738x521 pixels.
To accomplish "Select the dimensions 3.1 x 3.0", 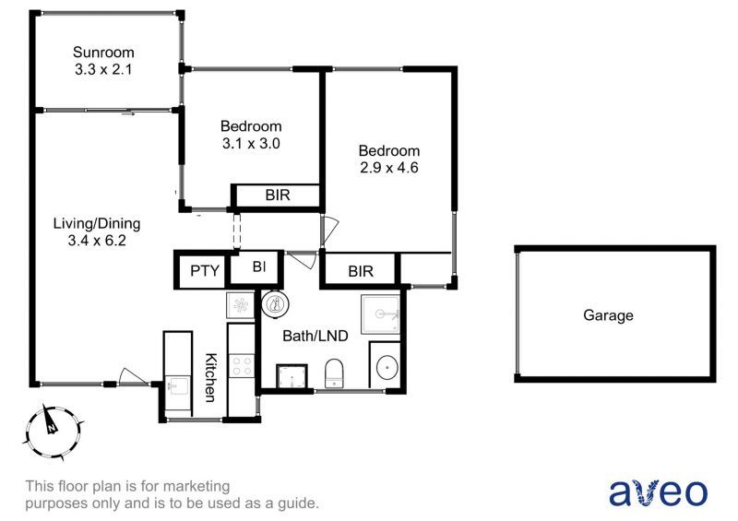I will click(251, 144).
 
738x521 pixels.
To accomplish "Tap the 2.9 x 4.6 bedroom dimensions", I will click(389, 168).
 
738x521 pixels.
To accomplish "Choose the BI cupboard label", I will click(259, 268).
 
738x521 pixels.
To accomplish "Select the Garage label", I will click(608, 315).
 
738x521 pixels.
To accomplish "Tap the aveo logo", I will click(658, 491).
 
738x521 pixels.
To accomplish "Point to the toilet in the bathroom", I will click(334, 374).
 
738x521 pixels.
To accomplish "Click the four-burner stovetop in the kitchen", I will click(241, 365).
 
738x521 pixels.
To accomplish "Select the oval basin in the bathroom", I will click(385, 369).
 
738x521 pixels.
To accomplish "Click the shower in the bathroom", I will click(381, 314).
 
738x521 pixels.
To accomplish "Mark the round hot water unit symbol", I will click(276, 302).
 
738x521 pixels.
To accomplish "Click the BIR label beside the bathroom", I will click(360, 271).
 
